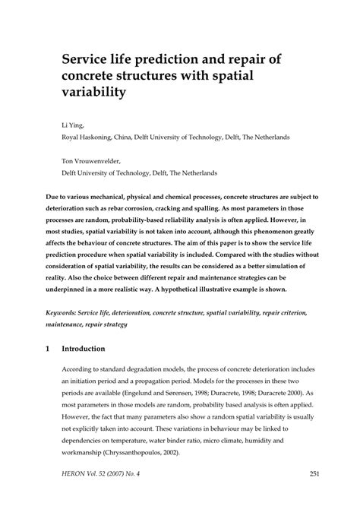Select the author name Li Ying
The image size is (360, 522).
pos(71,124)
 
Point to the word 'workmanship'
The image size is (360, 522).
pos(85,452)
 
